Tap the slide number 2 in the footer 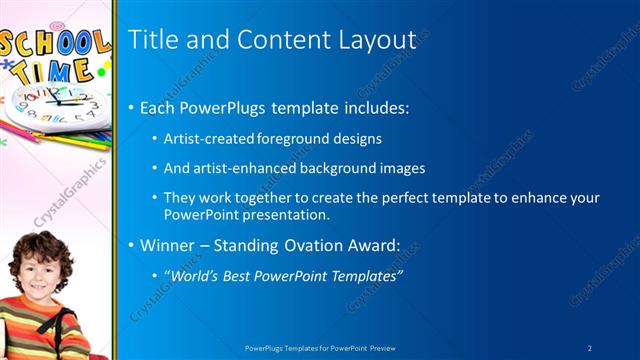point(590,347)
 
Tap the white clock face point(60,105)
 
